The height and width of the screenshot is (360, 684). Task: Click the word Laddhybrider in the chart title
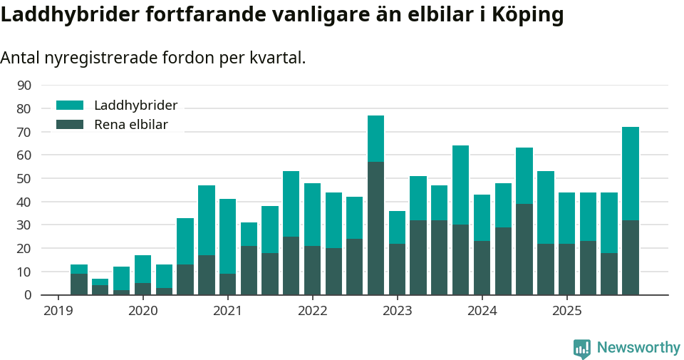point(71,15)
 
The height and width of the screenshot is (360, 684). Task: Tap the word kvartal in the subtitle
point(276,58)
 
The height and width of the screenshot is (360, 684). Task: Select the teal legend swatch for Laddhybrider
point(70,106)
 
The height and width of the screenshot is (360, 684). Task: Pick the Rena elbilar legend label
point(131,125)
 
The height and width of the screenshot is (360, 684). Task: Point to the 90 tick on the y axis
point(24,86)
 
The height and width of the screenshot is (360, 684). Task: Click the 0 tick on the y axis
point(28,295)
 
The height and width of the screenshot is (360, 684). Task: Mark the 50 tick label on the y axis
point(24,179)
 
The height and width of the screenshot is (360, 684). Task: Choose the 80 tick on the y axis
point(24,109)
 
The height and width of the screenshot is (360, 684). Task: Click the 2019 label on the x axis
point(58,311)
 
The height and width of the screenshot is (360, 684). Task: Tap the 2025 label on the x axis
point(566,311)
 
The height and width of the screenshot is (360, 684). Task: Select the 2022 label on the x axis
point(312,311)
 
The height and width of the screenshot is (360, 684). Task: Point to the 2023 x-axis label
point(397,311)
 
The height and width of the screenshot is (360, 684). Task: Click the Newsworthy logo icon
point(582,349)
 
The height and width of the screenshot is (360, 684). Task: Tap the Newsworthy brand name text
point(638,348)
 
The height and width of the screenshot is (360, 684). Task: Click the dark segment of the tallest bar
point(376,228)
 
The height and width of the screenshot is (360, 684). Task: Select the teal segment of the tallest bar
point(376,138)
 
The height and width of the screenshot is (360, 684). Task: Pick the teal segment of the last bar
point(631,173)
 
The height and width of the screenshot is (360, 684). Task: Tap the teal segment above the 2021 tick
point(228,236)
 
